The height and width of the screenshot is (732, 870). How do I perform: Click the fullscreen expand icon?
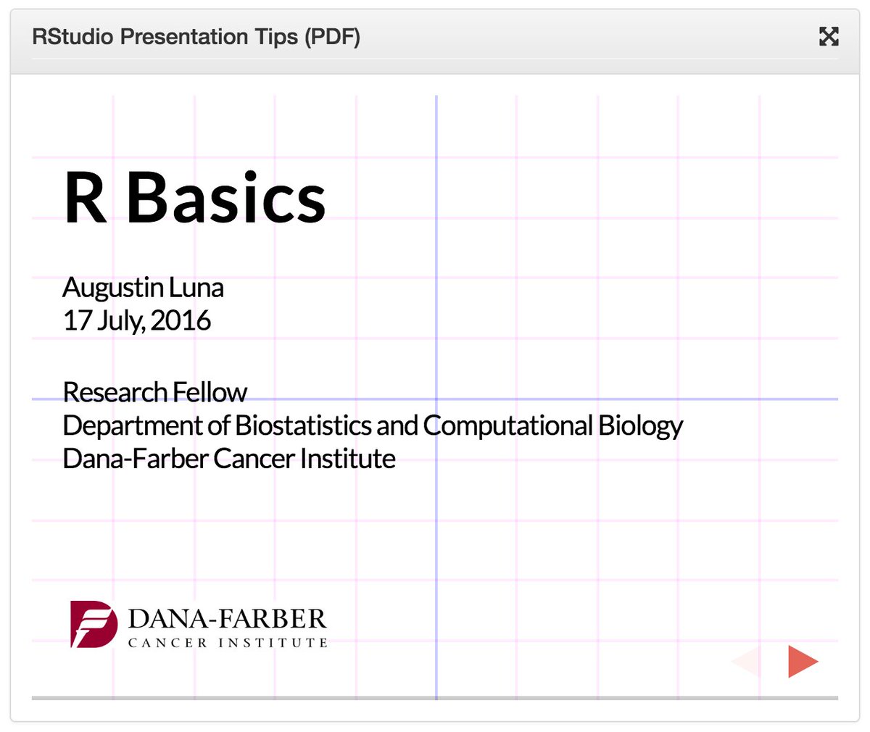pyautogui.click(x=829, y=36)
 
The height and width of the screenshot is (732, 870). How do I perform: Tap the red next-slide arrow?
pyautogui.click(x=802, y=662)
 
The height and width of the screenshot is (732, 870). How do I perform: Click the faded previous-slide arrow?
pyautogui.click(x=747, y=662)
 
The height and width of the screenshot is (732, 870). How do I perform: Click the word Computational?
pyautogui.click(x=508, y=425)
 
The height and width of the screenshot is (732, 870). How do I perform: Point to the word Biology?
pyautogui.click(x=641, y=426)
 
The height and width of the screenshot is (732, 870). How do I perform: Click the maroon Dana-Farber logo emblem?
pyautogui.click(x=94, y=624)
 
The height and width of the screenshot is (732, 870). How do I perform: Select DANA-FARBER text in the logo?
pyautogui.click(x=227, y=619)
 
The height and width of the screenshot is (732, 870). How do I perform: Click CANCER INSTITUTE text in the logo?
pyautogui.click(x=228, y=643)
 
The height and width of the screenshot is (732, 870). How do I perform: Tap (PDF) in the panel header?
pyautogui.click(x=332, y=37)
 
